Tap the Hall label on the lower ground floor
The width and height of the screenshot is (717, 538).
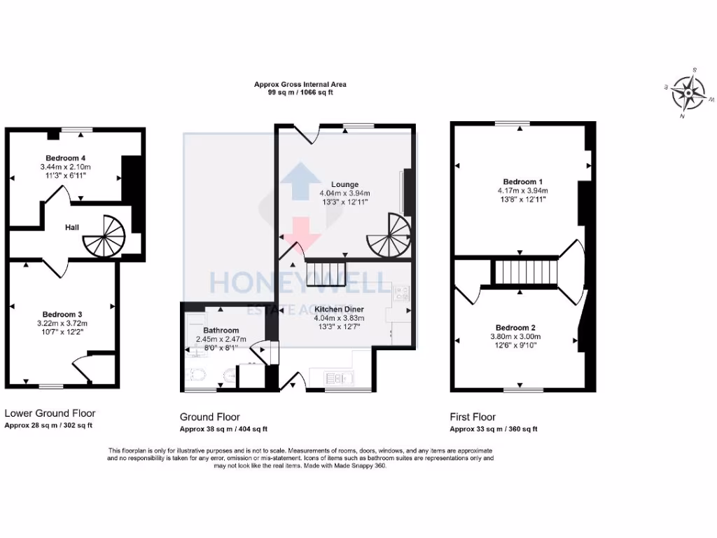click(72, 228)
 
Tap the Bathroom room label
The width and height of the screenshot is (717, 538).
click(221, 330)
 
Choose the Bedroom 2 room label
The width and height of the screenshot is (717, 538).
click(515, 328)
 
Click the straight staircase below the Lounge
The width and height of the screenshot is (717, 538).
click(327, 270)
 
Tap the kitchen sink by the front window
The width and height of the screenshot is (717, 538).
click(341, 378)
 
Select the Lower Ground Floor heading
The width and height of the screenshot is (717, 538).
click(50, 413)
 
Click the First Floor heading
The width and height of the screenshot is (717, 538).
click(473, 417)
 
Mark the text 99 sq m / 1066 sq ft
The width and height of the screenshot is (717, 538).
click(300, 92)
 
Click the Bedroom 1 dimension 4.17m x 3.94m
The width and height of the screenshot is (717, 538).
click(519, 191)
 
